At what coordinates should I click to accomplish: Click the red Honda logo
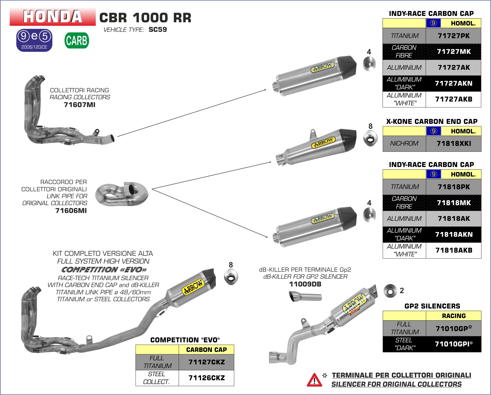[x=53, y=16]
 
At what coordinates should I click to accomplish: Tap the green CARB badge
[x=77, y=41]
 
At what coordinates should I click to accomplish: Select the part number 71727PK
[x=453, y=36]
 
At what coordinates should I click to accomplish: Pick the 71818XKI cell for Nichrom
[x=453, y=144]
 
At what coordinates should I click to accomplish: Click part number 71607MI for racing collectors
[x=80, y=105]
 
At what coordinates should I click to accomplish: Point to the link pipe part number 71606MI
[x=71, y=211]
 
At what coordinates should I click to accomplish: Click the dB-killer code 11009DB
[x=305, y=284]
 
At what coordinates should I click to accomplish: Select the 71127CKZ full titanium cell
[x=206, y=362]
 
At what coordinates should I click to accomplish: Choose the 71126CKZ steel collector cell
[x=206, y=378]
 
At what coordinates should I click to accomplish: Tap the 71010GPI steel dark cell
[x=453, y=344]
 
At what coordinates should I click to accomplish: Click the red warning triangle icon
[x=314, y=380]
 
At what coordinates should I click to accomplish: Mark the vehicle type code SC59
[x=158, y=30]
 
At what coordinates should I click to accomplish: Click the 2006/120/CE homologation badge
[x=34, y=40]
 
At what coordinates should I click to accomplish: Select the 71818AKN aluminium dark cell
[x=453, y=234]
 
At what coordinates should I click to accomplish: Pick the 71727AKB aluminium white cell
[x=453, y=99]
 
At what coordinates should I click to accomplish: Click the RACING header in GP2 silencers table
[x=453, y=316]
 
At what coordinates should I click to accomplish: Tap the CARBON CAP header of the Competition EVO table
[x=206, y=350]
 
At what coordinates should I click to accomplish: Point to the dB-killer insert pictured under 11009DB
[x=305, y=297]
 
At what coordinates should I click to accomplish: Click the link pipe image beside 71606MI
[x=122, y=194]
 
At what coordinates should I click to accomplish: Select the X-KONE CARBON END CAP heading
[x=432, y=122]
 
